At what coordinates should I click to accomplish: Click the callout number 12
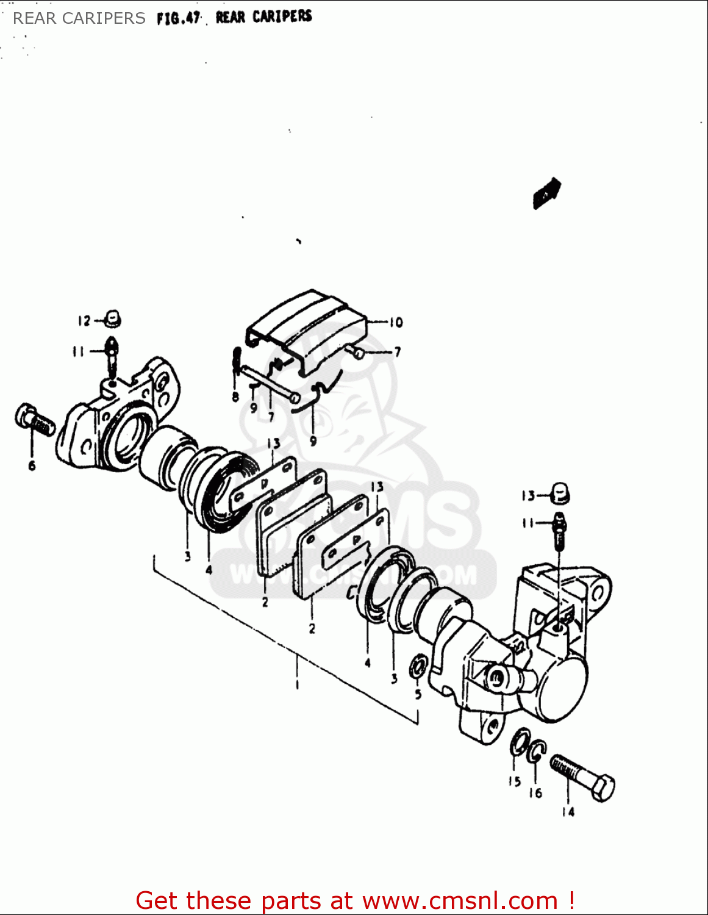(84, 321)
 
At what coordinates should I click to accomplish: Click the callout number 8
(235, 397)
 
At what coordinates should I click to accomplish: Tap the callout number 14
(568, 811)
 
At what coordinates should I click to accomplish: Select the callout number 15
(515, 781)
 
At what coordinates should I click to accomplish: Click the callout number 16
(535, 792)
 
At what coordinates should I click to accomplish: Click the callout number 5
(418, 694)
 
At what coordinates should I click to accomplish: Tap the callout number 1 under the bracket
(297, 685)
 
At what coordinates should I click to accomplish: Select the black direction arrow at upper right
(547, 192)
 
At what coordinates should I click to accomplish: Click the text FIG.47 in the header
(178, 18)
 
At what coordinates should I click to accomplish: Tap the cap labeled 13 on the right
(560, 493)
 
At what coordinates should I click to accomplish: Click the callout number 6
(32, 466)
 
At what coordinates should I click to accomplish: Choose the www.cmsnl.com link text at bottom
(460, 901)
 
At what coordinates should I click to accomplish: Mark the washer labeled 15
(519, 742)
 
